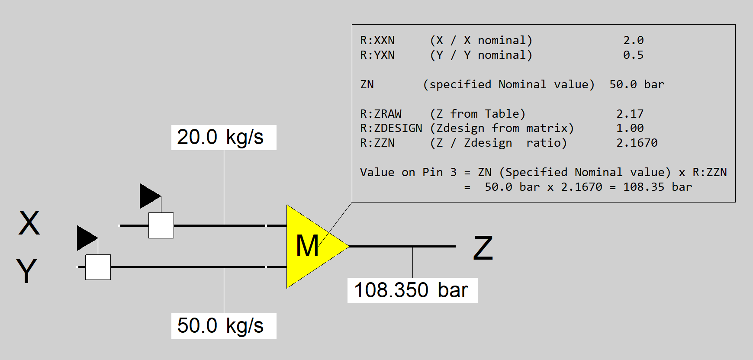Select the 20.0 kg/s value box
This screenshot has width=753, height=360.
tap(224, 138)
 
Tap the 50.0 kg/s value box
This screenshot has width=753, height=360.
tap(224, 326)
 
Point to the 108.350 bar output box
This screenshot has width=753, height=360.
tap(412, 290)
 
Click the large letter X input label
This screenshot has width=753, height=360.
tap(29, 223)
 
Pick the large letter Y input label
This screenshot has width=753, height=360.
tap(27, 271)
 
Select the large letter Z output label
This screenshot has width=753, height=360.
tap(483, 248)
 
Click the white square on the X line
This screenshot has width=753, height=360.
tap(161, 225)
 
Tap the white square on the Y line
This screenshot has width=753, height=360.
tap(98, 267)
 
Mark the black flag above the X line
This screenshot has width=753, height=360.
tap(149, 196)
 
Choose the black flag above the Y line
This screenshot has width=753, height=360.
tap(87, 238)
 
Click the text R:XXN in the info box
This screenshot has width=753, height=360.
tap(377, 41)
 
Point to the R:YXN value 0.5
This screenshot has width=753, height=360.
tap(633, 55)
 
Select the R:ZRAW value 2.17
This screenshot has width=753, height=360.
tap(630, 114)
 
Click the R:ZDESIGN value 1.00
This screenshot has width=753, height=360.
tap(630, 129)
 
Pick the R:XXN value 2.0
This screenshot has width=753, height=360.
tap(633, 41)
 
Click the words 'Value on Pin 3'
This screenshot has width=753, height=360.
tap(408, 172)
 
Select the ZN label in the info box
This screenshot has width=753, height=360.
tap(367, 84)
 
